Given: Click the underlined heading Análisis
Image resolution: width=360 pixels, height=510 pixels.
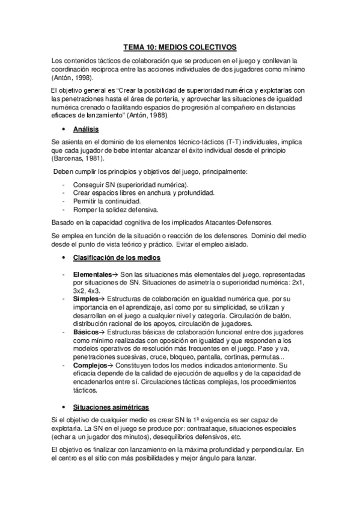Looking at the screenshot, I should click(86, 129).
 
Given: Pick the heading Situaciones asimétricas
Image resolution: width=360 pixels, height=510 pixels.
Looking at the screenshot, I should click(115, 407).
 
